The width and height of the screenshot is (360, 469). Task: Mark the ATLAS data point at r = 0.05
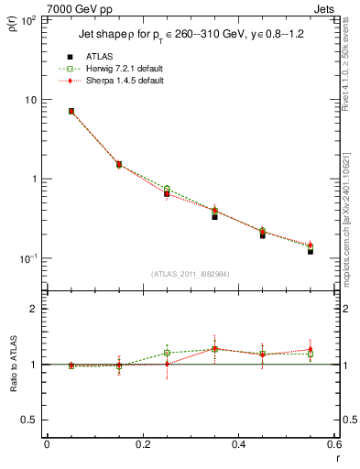click(x=71, y=112)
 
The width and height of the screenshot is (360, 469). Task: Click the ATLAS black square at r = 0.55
click(x=311, y=250)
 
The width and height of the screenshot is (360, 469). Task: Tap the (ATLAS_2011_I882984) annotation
click(x=191, y=274)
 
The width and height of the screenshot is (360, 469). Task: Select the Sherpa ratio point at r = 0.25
click(x=167, y=364)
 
